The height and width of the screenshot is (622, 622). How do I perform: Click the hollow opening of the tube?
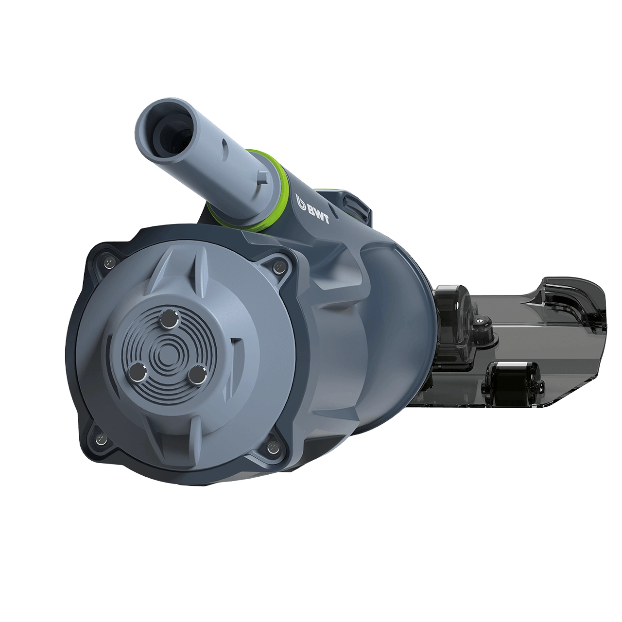169,130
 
